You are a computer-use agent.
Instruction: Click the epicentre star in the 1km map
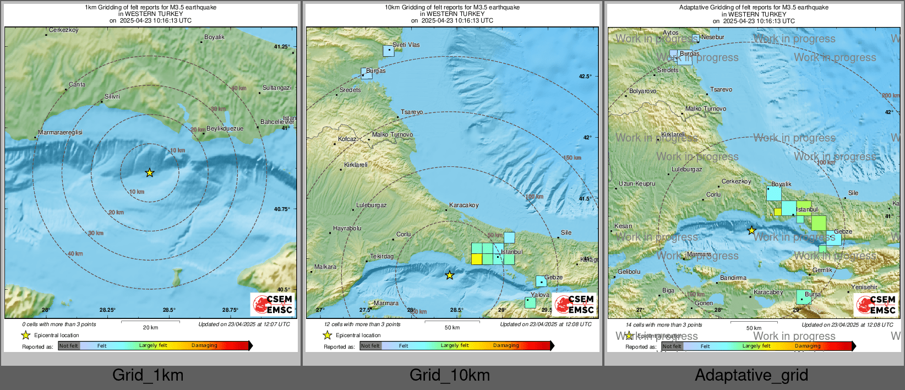click(x=150, y=173)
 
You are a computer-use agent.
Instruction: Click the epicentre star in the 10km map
click(x=450, y=275)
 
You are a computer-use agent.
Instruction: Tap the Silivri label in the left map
click(x=112, y=96)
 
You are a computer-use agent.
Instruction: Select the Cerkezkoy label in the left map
click(x=64, y=30)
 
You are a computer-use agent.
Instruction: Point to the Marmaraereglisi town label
click(x=60, y=132)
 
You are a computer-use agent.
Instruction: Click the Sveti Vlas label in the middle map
click(x=406, y=45)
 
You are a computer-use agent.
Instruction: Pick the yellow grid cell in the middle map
click(x=477, y=259)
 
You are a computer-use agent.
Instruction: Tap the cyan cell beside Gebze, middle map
click(x=542, y=281)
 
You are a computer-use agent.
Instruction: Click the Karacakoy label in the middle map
click(x=464, y=205)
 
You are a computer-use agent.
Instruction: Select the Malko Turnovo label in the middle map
click(x=392, y=134)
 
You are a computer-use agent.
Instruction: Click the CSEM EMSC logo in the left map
click(x=272, y=304)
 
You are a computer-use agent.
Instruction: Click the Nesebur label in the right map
click(x=713, y=37)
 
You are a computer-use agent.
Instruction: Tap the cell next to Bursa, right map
click(x=803, y=297)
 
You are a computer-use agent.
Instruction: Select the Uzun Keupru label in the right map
click(x=636, y=183)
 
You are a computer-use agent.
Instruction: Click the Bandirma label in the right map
click(x=733, y=278)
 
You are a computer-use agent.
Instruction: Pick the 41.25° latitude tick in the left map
click(x=282, y=47)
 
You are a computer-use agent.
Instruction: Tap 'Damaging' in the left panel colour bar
click(x=204, y=345)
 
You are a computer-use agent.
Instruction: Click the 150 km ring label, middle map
click(x=571, y=158)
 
